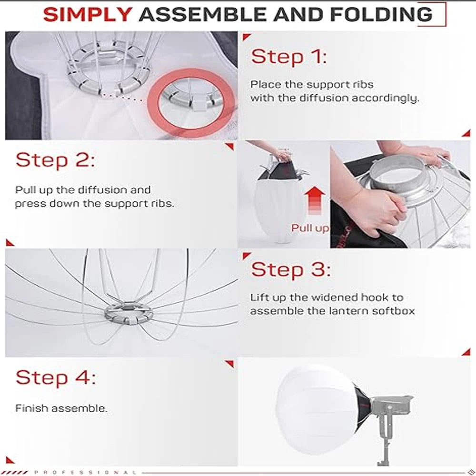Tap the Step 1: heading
(289, 57)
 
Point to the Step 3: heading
(290, 270)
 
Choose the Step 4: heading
(55, 378)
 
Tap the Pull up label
(310, 228)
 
